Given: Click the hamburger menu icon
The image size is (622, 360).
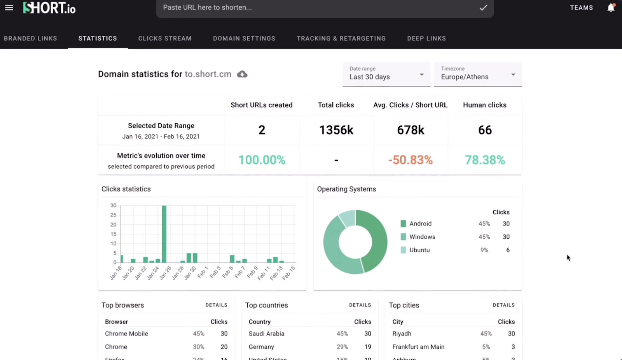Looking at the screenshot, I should point(9,8).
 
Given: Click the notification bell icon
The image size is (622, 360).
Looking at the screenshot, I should point(611,8).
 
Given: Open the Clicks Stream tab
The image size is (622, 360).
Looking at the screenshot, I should point(165,38).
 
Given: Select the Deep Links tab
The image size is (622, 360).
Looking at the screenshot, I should point(426,38).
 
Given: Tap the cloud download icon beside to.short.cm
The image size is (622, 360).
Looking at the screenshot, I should point(242,74).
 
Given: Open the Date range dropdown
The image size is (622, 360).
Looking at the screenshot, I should point(386,74).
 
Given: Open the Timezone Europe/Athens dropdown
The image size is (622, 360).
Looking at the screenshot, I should point(478,74).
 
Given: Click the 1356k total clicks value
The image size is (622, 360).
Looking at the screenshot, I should point(336,130).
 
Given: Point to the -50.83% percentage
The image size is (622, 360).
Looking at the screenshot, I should point(411,160).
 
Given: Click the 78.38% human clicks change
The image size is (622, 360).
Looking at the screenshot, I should point(485,160).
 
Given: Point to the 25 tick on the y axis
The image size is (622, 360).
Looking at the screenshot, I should point(113,215).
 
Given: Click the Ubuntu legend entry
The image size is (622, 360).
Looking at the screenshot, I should point(419,250).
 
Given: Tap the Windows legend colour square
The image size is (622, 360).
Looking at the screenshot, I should point(403,237).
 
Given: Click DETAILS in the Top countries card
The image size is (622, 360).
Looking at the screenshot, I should point(360,305).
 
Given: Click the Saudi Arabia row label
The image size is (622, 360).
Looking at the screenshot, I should point(266,334).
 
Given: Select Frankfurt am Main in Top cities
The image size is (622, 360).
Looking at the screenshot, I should point(418,347).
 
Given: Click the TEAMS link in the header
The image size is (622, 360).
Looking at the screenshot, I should point(581,8).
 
